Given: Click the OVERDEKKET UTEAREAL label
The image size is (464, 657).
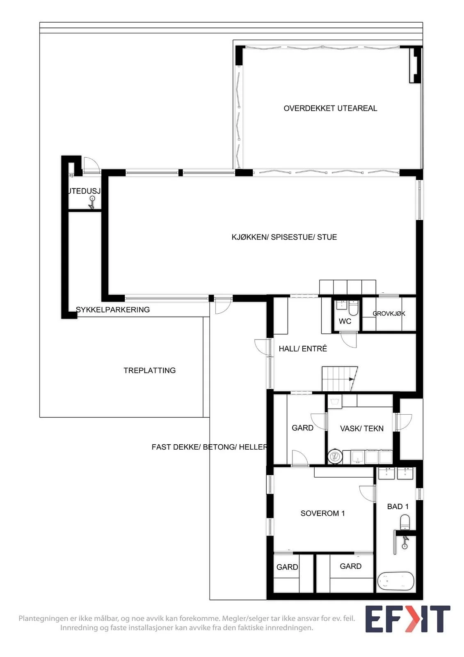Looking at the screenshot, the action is pos(330,108).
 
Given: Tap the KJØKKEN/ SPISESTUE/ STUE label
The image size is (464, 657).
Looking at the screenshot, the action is pos(284,237).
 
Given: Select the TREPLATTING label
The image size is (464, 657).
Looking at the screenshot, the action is pos(149,370).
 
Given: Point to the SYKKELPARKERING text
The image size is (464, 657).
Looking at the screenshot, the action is pos(113,310).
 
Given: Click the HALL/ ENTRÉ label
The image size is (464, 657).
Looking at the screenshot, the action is pos(303,349).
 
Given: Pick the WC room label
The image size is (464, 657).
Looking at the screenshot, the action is pos(345,321).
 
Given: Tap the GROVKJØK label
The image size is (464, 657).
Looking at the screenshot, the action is pos(389,314).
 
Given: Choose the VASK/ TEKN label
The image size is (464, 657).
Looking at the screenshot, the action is pos(362,429).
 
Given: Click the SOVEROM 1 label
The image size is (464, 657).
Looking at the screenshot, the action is pos(323,513).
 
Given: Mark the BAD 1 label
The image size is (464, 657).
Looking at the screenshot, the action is pos(398,507).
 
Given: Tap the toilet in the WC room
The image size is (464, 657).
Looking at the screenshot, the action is pos(354,308).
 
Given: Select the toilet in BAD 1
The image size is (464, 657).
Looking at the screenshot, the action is pos(405,522).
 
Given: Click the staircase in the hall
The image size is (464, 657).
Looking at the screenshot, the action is pos(340,378).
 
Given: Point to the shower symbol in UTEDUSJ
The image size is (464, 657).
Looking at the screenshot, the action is pos(92,202).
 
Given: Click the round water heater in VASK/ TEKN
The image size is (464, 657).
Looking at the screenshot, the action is pos(335,456).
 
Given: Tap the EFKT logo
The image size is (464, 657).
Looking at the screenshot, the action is pos(408,619).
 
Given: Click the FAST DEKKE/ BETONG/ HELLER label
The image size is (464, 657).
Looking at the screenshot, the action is pos(209,447).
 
